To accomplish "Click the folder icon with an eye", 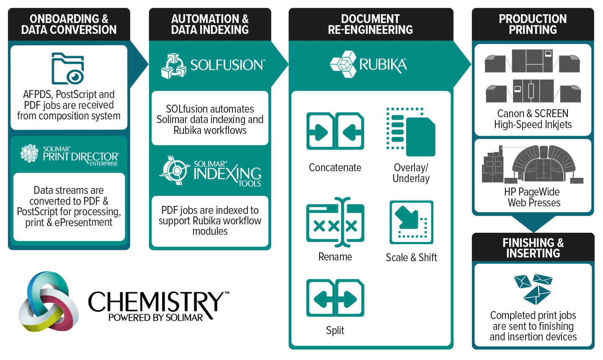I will (68, 68).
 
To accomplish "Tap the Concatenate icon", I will (335, 131).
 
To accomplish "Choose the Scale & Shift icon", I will (411, 222).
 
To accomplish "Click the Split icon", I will (335, 298).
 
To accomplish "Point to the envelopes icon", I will (533, 289).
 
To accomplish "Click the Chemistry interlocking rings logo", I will (48, 302).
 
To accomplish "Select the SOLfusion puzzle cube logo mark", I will (173, 66).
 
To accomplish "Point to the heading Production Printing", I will (533, 24).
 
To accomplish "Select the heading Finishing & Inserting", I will (533, 248).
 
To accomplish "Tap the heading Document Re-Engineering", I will (371, 24).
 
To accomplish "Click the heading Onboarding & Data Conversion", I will (69, 24).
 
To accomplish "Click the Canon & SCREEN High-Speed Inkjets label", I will (533, 119).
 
